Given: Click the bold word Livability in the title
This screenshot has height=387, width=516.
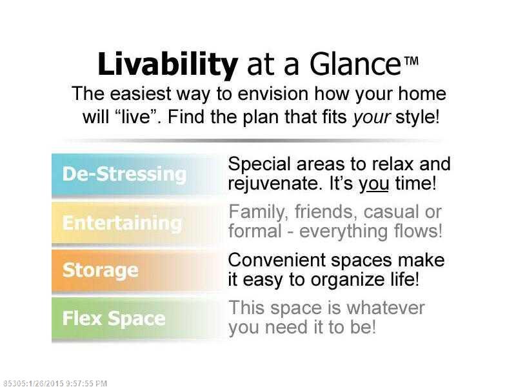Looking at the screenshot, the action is point(168,65).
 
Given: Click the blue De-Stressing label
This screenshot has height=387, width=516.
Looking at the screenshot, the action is point(124,174).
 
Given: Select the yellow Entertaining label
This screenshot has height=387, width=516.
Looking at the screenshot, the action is point(122,223).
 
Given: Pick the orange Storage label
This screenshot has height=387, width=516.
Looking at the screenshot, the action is point(101,271).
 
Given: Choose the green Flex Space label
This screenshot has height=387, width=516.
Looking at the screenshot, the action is point(114,319).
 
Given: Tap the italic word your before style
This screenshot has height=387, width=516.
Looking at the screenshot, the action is point(372,118).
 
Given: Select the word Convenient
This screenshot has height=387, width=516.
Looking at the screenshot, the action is point(277,260).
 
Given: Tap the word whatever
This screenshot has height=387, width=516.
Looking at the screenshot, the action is point(385,308).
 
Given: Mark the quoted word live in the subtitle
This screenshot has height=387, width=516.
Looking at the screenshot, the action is point(136,117).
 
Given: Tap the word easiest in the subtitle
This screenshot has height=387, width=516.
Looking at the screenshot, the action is point(140,94).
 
